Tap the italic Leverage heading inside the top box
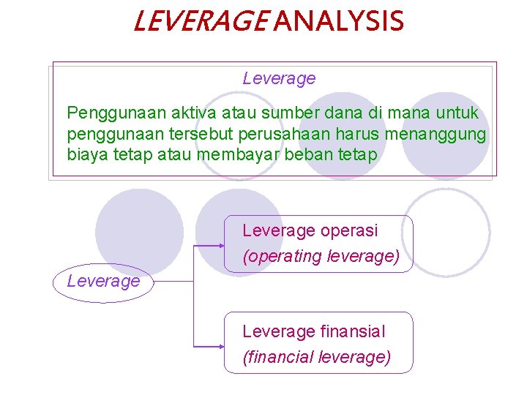[279, 78]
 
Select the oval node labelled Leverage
[103, 282]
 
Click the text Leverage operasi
[310, 231]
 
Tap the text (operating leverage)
[321, 257]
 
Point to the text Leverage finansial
[313, 332]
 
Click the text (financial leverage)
[316, 358]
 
